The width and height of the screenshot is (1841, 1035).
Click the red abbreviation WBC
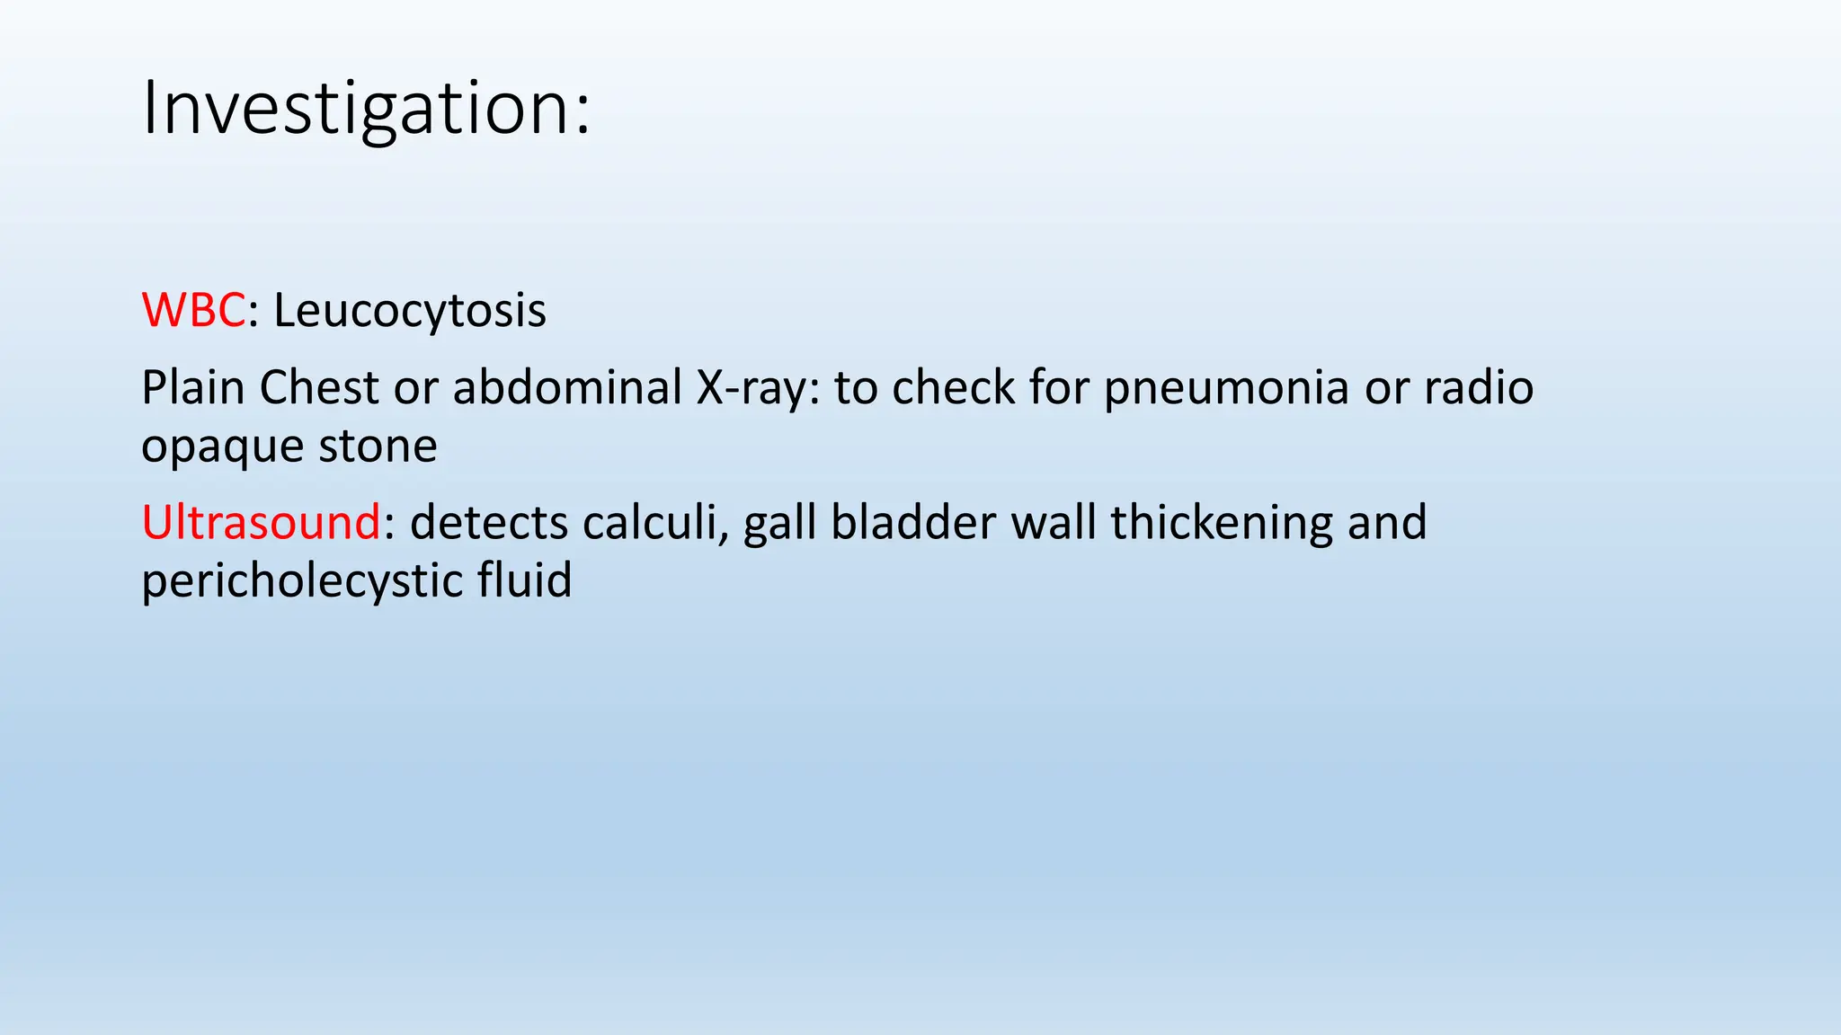[x=193, y=311]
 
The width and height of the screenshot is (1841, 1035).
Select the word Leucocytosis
[x=409, y=311]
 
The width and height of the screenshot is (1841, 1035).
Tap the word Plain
[x=192, y=388]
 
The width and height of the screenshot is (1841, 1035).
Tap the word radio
[x=1479, y=388]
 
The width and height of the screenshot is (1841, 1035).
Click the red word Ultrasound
[x=261, y=523]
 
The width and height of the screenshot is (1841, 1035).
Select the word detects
[x=488, y=523]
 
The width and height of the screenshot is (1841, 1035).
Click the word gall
[x=778, y=523]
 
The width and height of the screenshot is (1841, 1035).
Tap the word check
[x=953, y=388]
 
